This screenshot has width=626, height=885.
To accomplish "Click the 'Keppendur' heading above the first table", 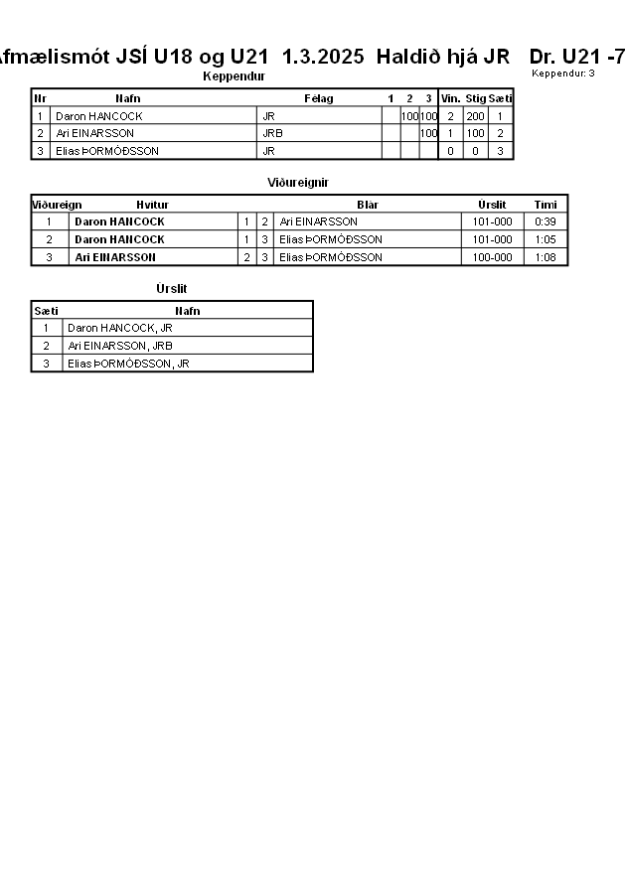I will (x=234, y=76).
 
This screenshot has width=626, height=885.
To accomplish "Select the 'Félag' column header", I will (x=318, y=98).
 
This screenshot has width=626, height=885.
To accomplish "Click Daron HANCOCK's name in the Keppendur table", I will (x=98, y=116).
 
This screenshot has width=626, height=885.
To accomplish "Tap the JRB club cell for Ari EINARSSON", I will (x=272, y=133).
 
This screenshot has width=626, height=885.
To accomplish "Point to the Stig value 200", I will (x=475, y=116).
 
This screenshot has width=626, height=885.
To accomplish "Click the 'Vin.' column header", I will (x=450, y=98).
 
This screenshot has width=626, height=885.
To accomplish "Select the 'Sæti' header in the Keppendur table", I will (x=501, y=98).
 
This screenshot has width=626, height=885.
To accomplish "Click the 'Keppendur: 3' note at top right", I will (x=563, y=74).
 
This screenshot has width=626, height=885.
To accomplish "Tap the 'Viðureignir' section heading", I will (x=298, y=183).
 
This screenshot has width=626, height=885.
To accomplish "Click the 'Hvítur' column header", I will (x=152, y=205).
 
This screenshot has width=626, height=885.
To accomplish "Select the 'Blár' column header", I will (x=368, y=205).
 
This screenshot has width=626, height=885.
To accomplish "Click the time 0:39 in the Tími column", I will (x=545, y=221).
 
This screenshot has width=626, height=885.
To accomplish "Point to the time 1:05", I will (x=545, y=239).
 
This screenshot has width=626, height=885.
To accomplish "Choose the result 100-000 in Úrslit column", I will (x=492, y=257).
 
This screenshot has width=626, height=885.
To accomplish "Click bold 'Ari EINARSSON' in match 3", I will (x=115, y=257).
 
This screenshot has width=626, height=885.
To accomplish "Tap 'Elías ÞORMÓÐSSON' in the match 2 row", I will (x=330, y=239).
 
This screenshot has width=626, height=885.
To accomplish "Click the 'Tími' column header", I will (x=546, y=205).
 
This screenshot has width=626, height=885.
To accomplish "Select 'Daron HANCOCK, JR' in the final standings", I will (x=119, y=328).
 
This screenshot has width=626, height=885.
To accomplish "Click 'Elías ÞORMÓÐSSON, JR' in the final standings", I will (x=127, y=364).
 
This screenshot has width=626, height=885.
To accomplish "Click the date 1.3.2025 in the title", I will (x=323, y=57).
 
